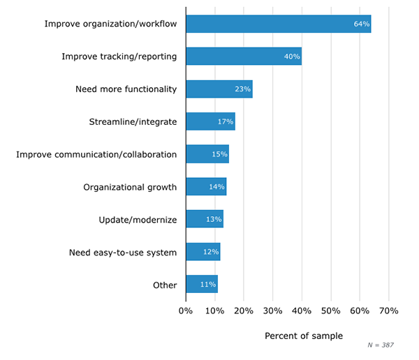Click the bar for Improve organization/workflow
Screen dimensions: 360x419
point(278,24)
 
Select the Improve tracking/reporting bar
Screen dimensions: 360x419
point(243,57)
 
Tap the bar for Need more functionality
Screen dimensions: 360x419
point(219,89)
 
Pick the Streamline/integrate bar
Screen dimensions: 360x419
point(210,121)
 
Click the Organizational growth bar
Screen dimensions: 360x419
point(206,187)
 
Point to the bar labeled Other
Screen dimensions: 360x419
point(201,285)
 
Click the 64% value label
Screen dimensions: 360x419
point(361,24)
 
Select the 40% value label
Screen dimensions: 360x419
point(292,57)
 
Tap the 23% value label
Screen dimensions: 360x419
point(242,89)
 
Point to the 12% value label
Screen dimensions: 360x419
point(211,252)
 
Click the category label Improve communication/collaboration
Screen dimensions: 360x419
point(96,154)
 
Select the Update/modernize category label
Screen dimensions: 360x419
point(138,220)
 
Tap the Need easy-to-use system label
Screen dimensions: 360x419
point(123,252)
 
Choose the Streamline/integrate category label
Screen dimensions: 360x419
point(133,122)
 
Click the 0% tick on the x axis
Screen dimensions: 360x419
point(186,310)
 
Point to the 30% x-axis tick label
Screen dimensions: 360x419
point(272,310)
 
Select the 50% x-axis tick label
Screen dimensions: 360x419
point(330,310)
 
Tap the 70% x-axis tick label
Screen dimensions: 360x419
point(388,310)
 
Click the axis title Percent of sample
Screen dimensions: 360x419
point(304,336)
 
